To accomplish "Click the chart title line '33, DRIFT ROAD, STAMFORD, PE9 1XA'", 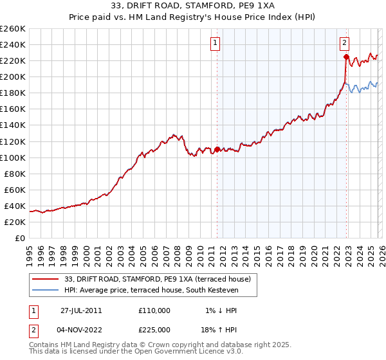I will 192,7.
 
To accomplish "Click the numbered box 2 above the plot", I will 345,43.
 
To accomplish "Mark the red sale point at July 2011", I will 217,149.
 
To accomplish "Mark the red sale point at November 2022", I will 346,57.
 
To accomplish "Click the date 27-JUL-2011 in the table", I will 81,310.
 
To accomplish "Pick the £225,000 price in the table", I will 154,331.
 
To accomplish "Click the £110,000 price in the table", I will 154,310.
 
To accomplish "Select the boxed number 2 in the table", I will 33,331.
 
